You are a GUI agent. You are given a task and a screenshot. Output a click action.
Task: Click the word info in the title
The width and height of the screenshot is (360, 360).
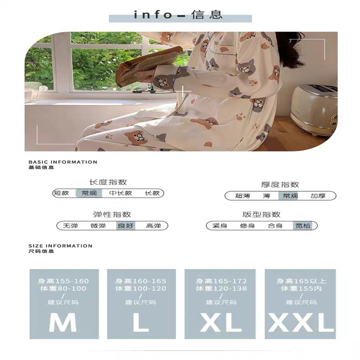[153, 15]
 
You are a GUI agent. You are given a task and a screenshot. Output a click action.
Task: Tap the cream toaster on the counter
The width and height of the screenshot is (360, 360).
[313, 110]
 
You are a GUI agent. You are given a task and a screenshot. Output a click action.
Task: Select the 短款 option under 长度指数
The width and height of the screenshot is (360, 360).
[61, 193]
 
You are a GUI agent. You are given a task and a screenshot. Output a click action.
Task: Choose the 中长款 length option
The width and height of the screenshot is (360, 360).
[121, 193]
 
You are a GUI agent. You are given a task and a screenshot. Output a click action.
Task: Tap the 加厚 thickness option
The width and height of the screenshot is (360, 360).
[318, 196]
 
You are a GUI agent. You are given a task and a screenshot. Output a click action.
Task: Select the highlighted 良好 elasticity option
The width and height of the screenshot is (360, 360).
[126, 226]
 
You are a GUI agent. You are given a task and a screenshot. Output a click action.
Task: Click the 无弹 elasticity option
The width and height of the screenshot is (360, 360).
[71, 226]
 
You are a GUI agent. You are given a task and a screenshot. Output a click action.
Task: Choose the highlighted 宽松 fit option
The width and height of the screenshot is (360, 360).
[303, 226]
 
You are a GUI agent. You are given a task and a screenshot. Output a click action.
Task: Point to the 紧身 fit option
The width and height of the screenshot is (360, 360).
[220, 226]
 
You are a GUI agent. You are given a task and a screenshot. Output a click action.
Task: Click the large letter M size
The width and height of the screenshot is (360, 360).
[63, 322]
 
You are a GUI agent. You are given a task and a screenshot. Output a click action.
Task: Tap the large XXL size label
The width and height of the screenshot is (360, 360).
[301, 322]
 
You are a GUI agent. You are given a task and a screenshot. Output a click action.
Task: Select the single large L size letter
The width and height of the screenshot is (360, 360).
[141, 322]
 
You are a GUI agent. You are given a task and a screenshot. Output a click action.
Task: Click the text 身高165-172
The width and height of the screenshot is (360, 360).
[221, 281]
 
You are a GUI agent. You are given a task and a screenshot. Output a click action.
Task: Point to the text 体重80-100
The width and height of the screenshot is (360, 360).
[63, 288]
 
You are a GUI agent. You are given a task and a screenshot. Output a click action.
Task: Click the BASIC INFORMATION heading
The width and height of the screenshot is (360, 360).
[63, 162]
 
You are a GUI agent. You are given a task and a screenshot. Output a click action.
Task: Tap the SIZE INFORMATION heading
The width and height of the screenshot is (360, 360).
[60, 246]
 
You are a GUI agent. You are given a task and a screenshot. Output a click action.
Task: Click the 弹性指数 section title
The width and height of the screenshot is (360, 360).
[112, 215]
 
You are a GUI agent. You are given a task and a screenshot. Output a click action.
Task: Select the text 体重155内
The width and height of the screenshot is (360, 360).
[301, 288]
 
